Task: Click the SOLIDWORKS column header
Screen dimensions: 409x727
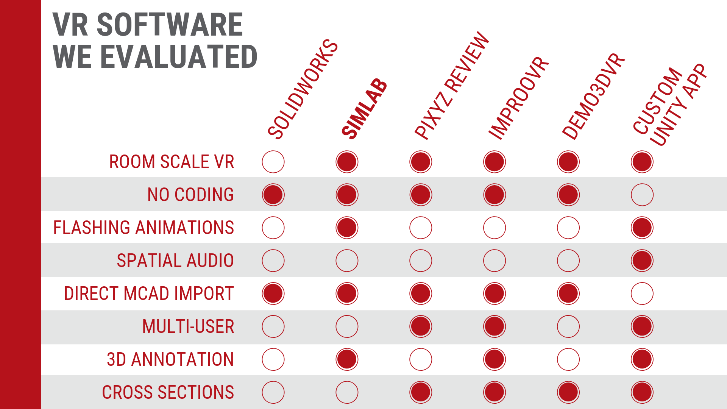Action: pos(302,89)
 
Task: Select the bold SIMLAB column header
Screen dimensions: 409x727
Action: pos(364,108)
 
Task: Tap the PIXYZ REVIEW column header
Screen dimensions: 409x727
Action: pos(452,86)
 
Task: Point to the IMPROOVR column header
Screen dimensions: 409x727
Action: pos(518,98)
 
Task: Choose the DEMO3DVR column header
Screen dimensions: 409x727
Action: pos(593,97)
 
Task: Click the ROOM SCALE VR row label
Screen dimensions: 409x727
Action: pos(172,162)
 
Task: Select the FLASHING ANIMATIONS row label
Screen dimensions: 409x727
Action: pos(144,228)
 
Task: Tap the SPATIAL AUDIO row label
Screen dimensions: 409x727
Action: pos(175,261)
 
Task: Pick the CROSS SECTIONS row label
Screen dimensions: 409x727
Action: pos(168,392)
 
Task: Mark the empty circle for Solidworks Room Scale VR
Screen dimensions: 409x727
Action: pos(273,162)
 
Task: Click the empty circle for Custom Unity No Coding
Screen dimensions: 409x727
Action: pos(642,195)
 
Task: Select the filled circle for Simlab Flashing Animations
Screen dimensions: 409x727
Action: pos(347,228)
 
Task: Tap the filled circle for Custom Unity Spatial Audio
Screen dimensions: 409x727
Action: pos(642,261)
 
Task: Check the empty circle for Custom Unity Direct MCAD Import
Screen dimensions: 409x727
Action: pos(642,293)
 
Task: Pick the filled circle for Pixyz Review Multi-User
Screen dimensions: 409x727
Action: pos(421,326)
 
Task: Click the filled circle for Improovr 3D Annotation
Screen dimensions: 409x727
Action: pos(495,359)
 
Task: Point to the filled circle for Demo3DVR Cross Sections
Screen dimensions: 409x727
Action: pos(568,392)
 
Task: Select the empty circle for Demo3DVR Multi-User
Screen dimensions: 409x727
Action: pos(568,326)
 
